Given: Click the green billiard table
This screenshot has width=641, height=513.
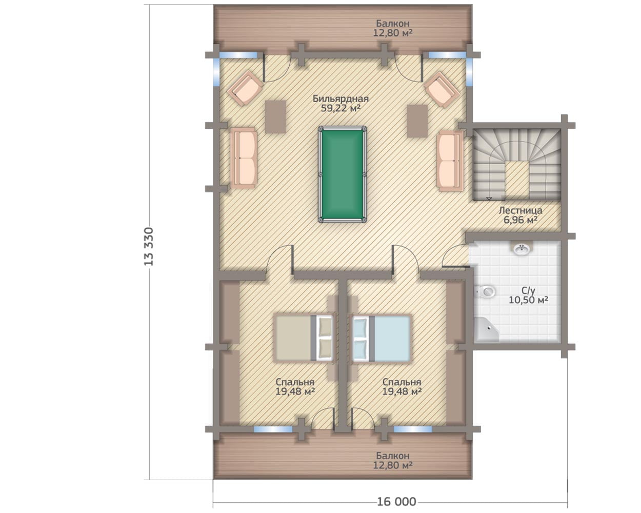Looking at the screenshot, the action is pos(342,174).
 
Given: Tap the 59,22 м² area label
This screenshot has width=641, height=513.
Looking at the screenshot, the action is pos(340,108).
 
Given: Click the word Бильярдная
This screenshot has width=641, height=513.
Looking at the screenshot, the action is pos(340,98).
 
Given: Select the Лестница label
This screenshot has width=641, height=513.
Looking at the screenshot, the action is pos(520,210).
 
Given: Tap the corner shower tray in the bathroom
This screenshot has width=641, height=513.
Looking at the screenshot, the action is pos(486,329).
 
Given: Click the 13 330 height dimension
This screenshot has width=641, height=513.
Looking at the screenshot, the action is pos(149,247).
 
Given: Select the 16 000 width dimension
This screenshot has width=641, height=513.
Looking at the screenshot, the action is pos(396,502).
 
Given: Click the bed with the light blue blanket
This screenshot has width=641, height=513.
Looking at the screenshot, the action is pos(382,339).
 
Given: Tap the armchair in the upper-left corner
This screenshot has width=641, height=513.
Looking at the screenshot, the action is pos(245,88).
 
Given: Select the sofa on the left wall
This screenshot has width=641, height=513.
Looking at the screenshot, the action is pos(244,158).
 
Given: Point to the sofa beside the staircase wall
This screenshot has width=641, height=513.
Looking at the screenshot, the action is pos(450,161).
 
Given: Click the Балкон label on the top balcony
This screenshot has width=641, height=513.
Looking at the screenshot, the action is pos(393,23).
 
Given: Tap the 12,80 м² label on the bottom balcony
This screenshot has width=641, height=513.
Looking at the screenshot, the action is pos(393,465).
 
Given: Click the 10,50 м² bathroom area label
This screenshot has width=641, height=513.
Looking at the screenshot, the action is pos(528,300).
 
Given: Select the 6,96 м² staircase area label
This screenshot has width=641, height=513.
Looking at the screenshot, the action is pos(520,220).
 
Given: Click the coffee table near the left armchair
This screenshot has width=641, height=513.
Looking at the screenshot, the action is pos(275,116).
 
